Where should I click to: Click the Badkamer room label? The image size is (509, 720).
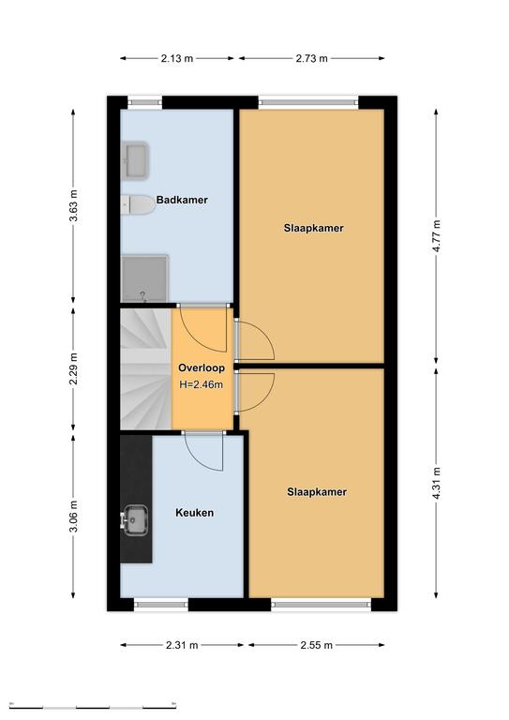[182, 200]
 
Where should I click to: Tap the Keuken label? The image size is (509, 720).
[195, 513]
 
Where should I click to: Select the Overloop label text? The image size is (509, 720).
[202, 367]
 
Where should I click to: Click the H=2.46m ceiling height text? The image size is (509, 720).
[201, 384]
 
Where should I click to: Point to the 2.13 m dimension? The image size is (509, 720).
[177, 58]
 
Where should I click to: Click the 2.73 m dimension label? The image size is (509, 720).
[311, 58]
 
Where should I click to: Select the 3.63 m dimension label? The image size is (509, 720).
[73, 205]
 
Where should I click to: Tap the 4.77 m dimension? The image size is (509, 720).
[437, 236]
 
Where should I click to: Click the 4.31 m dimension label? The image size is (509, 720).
[437, 483]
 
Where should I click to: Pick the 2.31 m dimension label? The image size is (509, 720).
[182, 645]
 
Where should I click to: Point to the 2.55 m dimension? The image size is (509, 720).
[316, 645]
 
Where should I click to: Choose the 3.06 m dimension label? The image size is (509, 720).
[73, 517]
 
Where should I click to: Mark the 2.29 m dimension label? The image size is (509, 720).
[73, 369]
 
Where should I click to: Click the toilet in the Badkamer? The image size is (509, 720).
[138, 204]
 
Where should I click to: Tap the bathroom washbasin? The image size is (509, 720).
[136, 160]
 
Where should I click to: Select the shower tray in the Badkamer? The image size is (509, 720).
[144, 278]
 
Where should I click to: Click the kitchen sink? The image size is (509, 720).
[135, 520]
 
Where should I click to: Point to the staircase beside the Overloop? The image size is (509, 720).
[146, 369]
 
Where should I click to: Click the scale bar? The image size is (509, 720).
[93, 706]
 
